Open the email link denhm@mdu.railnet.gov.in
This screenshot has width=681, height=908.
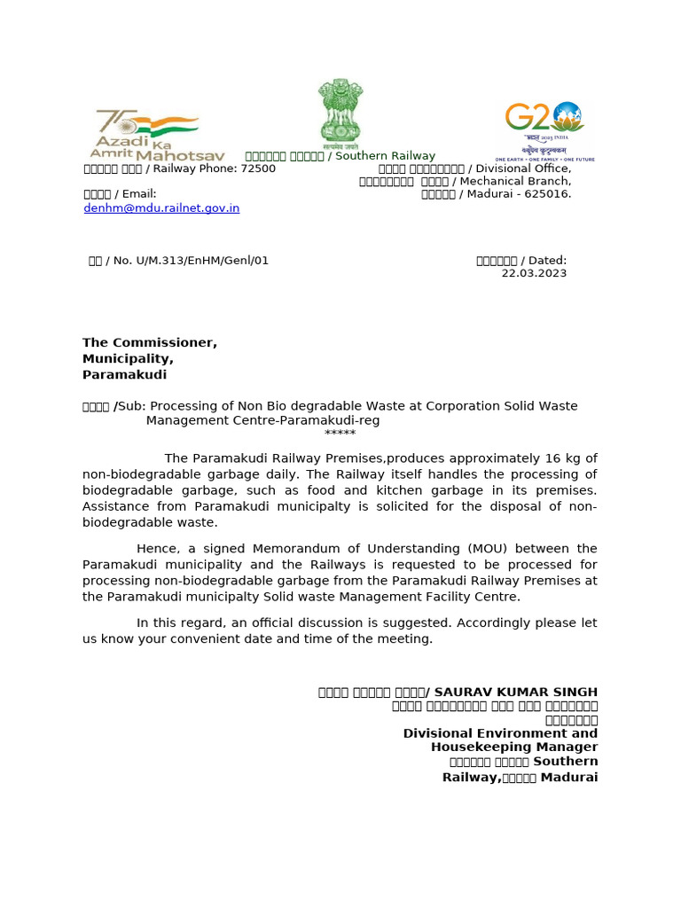pos(161,208)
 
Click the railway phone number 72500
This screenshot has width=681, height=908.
pos(258,168)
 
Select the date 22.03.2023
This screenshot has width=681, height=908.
pos(534,273)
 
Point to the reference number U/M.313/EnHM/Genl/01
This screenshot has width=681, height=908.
pos(201,261)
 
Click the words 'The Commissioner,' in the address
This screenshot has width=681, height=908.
pos(150,343)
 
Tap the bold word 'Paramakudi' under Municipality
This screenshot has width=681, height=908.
pos(124,375)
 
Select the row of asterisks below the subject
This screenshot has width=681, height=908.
pos(340,434)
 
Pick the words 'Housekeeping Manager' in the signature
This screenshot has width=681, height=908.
pos(513,748)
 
